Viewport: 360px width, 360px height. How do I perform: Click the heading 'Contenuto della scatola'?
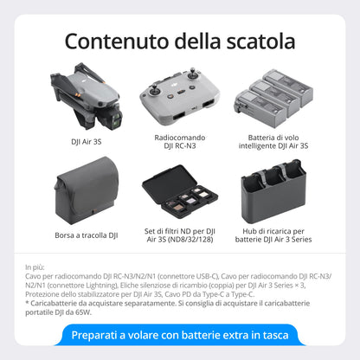click(x=180, y=41)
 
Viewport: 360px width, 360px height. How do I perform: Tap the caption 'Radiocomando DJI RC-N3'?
click(x=179, y=141)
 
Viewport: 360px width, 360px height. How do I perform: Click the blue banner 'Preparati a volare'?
click(x=180, y=335)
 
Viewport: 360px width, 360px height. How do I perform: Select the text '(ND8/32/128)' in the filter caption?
click(x=179, y=242)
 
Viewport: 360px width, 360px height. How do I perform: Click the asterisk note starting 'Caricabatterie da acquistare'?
click(x=130, y=303)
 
